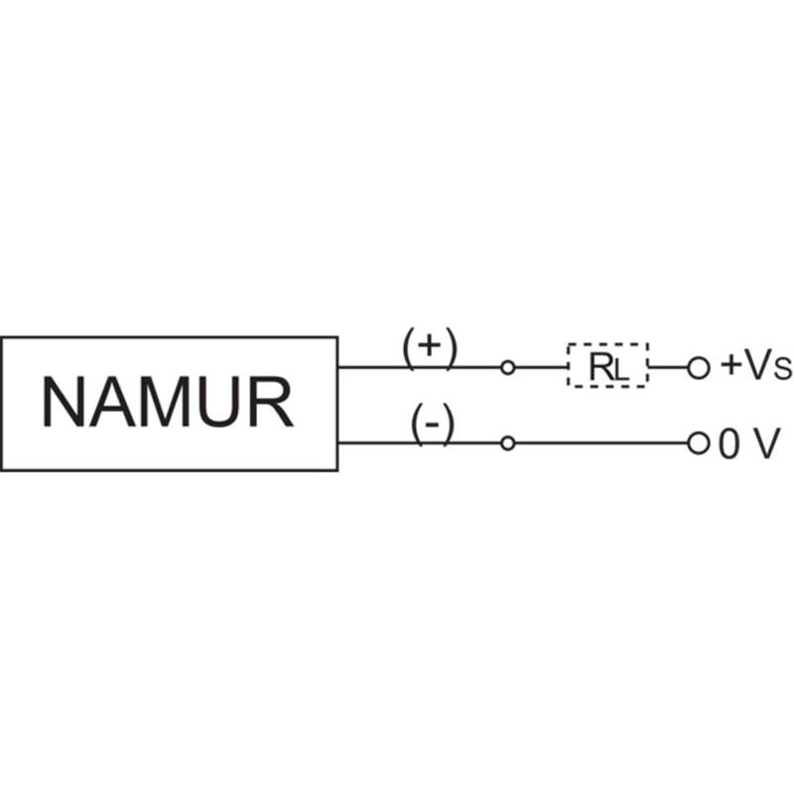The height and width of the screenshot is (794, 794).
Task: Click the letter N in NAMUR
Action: tap(64, 402)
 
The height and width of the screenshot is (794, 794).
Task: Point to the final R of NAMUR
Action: tap(272, 402)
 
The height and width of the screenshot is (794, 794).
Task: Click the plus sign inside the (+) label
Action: tap(430, 345)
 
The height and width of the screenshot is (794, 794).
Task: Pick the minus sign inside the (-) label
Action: tap(432, 425)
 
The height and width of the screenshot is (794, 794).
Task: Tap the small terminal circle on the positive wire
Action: tap(507, 367)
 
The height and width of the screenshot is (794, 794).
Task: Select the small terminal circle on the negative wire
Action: tap(507, 444)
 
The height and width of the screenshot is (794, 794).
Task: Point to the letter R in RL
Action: tap(601, 366)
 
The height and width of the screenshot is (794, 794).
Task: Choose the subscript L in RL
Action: tap(621, 371)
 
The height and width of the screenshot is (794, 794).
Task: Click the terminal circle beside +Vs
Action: tap(699, 367)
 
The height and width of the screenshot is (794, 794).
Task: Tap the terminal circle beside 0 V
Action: tap(699, 444)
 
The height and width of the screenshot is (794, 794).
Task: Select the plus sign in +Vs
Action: tap(731, 364)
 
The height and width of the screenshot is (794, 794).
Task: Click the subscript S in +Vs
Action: tap(782, 369)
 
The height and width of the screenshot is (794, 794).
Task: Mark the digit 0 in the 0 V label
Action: tap(729, 444)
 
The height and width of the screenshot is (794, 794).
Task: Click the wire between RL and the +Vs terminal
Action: tap(668, 367)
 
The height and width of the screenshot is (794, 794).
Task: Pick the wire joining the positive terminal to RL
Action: tap(541, 367)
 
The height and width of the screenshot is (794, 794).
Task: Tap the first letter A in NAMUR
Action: tap(111, 402)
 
